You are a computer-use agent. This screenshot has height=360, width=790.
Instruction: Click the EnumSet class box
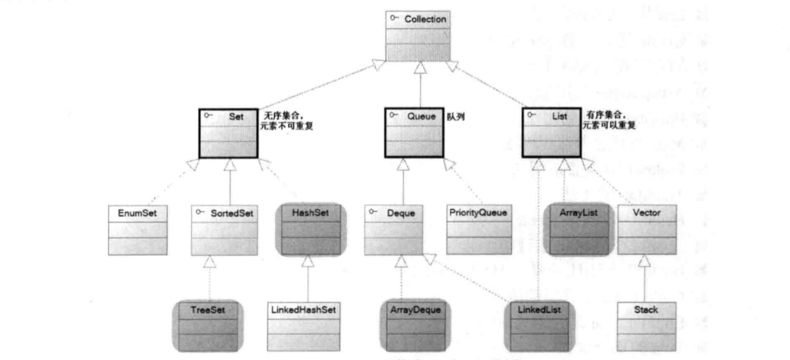point(137,229)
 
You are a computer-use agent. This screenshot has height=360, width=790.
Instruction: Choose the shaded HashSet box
point(309,229)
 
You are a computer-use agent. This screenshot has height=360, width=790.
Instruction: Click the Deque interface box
point(393,229)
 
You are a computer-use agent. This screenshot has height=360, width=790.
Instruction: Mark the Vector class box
point(646,229)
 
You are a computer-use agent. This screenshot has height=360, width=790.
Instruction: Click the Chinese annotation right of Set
point(289,120)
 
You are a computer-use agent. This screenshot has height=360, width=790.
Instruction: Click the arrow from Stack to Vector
point(646,278)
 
